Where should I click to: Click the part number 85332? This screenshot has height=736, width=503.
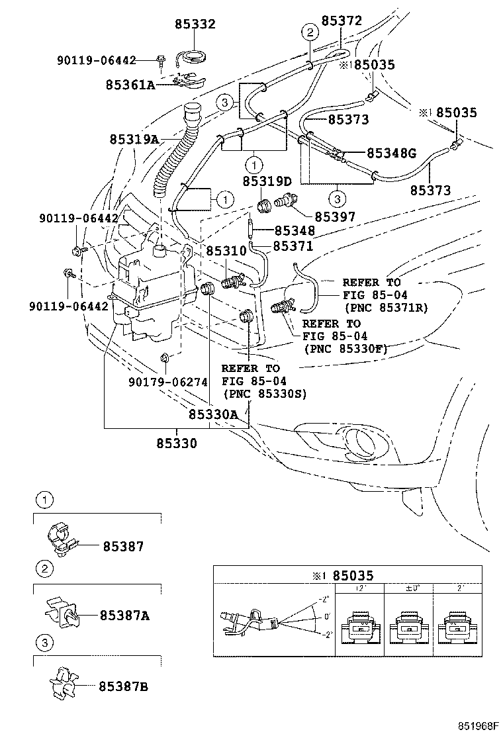[x=195, y=24]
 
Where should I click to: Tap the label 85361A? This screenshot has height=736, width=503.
[x=130, y=85]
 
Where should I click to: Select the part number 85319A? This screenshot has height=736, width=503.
[x=134, y=140]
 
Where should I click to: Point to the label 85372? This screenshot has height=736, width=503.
[x=342, y=21]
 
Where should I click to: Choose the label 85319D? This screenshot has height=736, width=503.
[x=267, y=181]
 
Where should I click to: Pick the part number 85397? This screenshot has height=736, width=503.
[x=334, y=216]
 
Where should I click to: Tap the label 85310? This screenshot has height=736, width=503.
[x=226, y=251]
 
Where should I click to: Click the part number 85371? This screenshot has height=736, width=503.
[x=293, y=246]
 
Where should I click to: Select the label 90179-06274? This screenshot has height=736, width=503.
[x=167, y=382]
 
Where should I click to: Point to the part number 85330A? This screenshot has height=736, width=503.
[x=212, y=414]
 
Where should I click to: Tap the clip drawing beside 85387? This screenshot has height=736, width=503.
[x=64, y=541]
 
